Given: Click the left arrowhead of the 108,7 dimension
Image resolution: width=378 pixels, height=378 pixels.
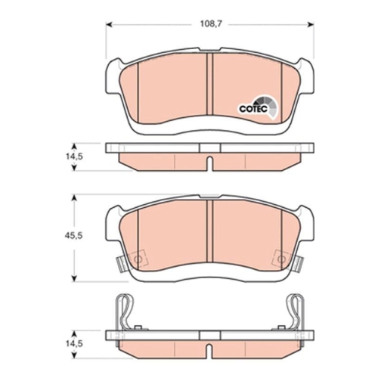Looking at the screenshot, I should coord(107,24).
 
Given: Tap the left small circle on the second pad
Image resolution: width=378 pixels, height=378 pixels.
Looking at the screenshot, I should coord(137,262).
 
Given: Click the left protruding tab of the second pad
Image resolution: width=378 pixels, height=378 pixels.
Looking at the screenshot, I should coord(119,264).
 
